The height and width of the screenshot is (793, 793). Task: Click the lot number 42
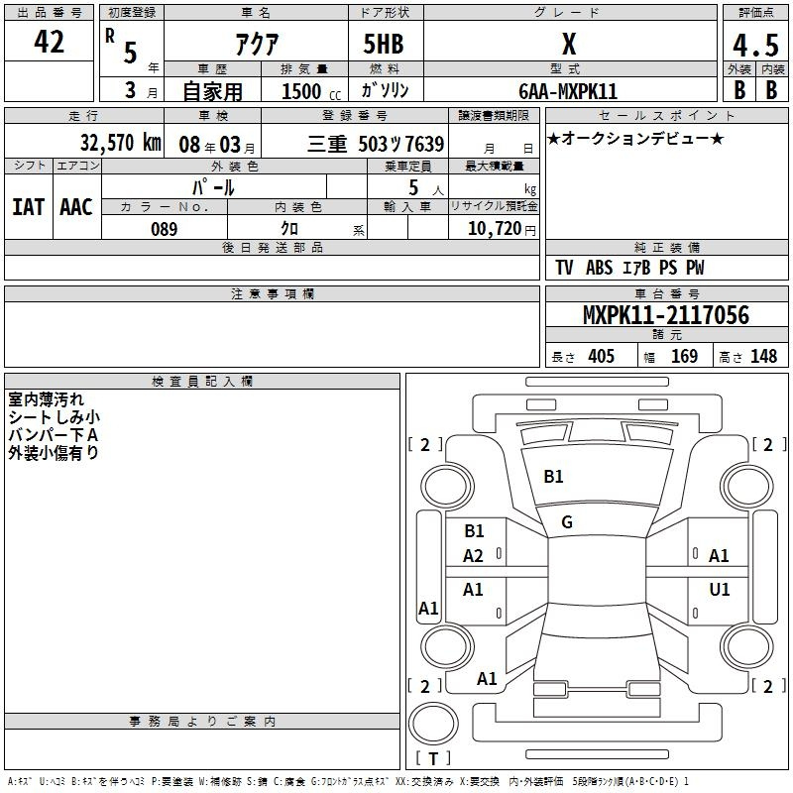49,42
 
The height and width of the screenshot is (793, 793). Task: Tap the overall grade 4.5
755,45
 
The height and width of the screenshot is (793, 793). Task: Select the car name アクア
257,44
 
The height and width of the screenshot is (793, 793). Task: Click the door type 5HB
384,44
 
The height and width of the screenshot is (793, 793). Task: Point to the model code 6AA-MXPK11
568,91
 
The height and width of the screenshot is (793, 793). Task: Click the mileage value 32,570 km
121,143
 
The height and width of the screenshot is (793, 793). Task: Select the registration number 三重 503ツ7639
376,144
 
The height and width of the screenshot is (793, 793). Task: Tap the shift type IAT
29,207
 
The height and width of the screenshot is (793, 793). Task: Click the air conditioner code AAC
76,207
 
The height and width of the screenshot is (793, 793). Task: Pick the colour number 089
165,229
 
